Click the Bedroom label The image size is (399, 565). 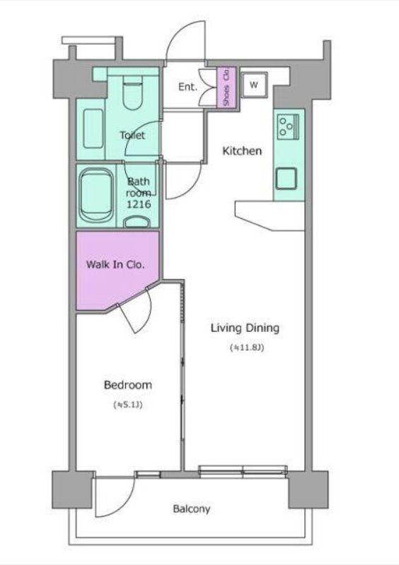click(x=128, y=385)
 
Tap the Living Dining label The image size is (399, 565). click(x=245, y=328)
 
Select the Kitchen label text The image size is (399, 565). click(x=241, y=150)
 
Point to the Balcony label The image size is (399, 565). click(x=192, y=509)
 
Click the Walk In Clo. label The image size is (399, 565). click(x=115, y=264)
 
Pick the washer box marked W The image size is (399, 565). click(x=254, y=85)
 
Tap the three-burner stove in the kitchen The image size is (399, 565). click(x=288, y=126)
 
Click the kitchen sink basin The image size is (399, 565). click(x=286, y=179)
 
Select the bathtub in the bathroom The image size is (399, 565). click(x=96, y=196)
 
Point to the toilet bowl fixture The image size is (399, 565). click(x=133, y=93)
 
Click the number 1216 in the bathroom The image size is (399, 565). click(x=139, y=204)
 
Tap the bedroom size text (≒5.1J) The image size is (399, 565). click(x=128, y=405)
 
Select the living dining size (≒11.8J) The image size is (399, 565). click(x=247, y=347)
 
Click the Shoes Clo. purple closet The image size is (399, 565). click(x=226, y=87)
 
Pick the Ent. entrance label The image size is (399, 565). click(x=187, y=87)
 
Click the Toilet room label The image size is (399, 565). click(x=132, y=135)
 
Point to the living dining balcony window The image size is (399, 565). click(x=243, y=471)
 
